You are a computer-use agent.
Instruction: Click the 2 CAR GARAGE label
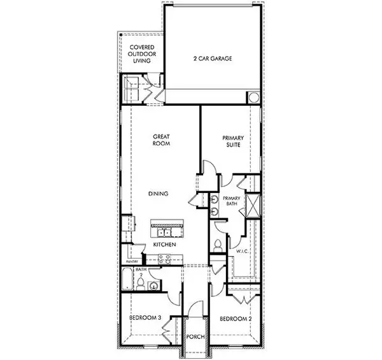[x=212, y=59]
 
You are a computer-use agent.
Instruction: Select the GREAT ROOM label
[x=159, y=140]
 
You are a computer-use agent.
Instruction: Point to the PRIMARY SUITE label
[x=233, y=142]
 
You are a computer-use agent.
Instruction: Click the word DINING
[x=159, y=194]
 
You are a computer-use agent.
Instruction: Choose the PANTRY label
[x=132, y=261]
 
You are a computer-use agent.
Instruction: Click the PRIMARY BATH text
[x=232, y=202]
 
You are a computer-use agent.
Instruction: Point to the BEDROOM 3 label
[x=143, y=319]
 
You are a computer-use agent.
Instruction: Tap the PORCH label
[x=195, y=336]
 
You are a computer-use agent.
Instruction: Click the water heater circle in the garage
[x=253, y=97]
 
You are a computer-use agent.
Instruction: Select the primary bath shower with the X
[x=253, y=206]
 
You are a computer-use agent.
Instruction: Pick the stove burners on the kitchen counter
[x=163, y=259]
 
